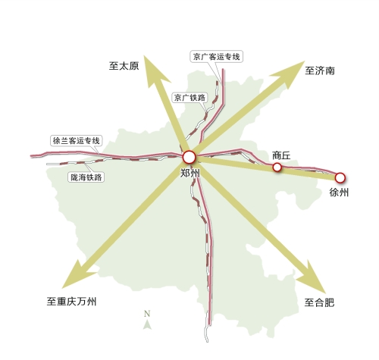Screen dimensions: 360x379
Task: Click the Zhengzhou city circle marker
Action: point(189,157)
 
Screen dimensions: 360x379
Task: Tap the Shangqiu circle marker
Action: point(277,167)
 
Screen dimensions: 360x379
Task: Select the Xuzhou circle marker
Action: point(340,177)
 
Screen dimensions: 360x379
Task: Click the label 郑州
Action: point(190,174)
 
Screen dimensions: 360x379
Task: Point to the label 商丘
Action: point(281,155)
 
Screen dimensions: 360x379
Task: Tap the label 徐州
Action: point(340,193)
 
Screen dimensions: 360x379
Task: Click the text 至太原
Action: point(124,66)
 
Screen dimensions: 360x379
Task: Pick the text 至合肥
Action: point(319,302)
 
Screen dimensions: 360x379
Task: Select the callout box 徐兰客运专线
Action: point(76,140)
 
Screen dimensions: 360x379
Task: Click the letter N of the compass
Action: point(148,314)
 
